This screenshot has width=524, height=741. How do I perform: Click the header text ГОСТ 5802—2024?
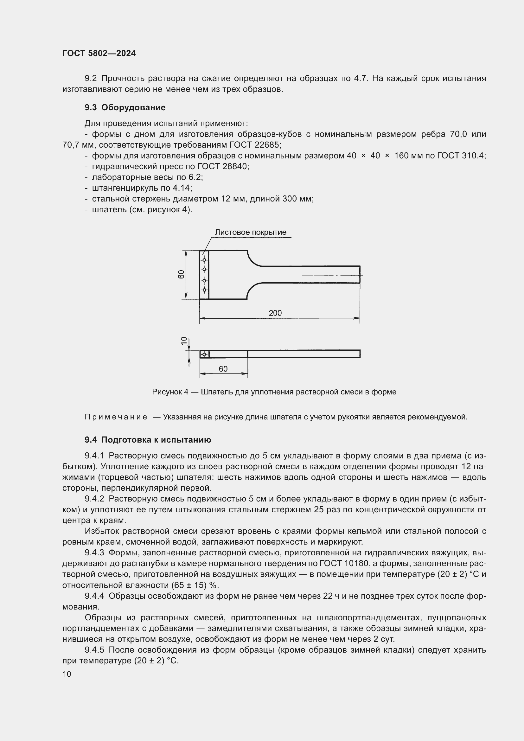99,53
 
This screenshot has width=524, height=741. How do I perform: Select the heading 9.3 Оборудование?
125,107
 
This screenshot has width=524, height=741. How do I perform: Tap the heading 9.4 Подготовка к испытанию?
148,440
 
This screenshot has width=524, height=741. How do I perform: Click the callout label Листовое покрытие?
250,232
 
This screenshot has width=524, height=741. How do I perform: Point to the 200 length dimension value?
275,313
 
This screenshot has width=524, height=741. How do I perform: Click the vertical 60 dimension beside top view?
182,274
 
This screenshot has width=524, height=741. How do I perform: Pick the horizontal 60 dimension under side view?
223,368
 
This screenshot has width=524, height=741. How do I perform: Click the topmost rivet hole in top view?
204,260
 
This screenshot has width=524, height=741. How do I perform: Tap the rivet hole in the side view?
204,355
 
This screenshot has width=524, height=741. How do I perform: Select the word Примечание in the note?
116,417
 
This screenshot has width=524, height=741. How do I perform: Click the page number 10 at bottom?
67,674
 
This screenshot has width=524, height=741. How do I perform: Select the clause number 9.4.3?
94,553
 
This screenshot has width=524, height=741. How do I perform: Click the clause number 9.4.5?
94,650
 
